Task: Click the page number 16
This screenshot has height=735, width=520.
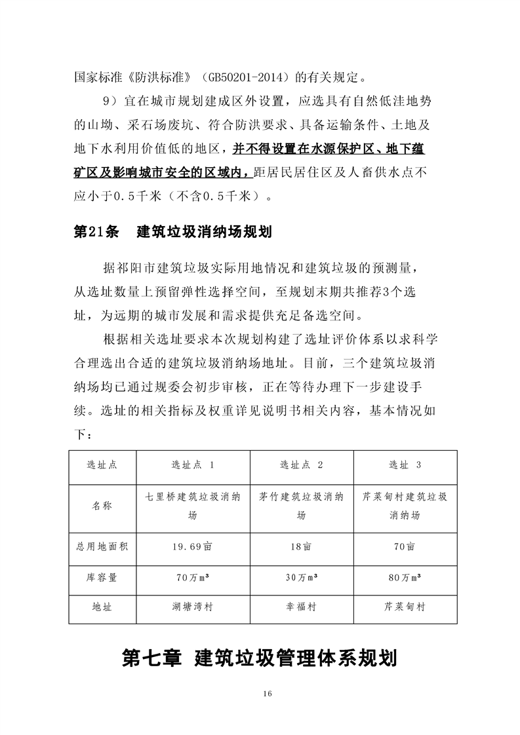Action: click(x=266, y=694)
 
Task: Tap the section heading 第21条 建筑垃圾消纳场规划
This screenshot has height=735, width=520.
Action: click(x=173, y=233)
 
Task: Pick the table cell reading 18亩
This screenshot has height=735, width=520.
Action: click(x=301, y=546)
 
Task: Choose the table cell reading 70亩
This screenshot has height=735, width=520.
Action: click(x=405, y=546)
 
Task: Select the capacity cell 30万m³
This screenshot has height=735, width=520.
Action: click(x=301, y=577)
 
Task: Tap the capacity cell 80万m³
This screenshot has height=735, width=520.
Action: click(x=405, y=577)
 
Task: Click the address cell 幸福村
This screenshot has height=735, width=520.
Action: click(x=301, y=607)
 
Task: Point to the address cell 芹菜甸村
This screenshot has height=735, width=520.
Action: click(x=405, y=607)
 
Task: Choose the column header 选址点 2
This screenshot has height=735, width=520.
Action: click(x=301, y=466)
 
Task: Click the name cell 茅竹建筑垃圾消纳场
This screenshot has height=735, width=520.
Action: click(x=301, y=506)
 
